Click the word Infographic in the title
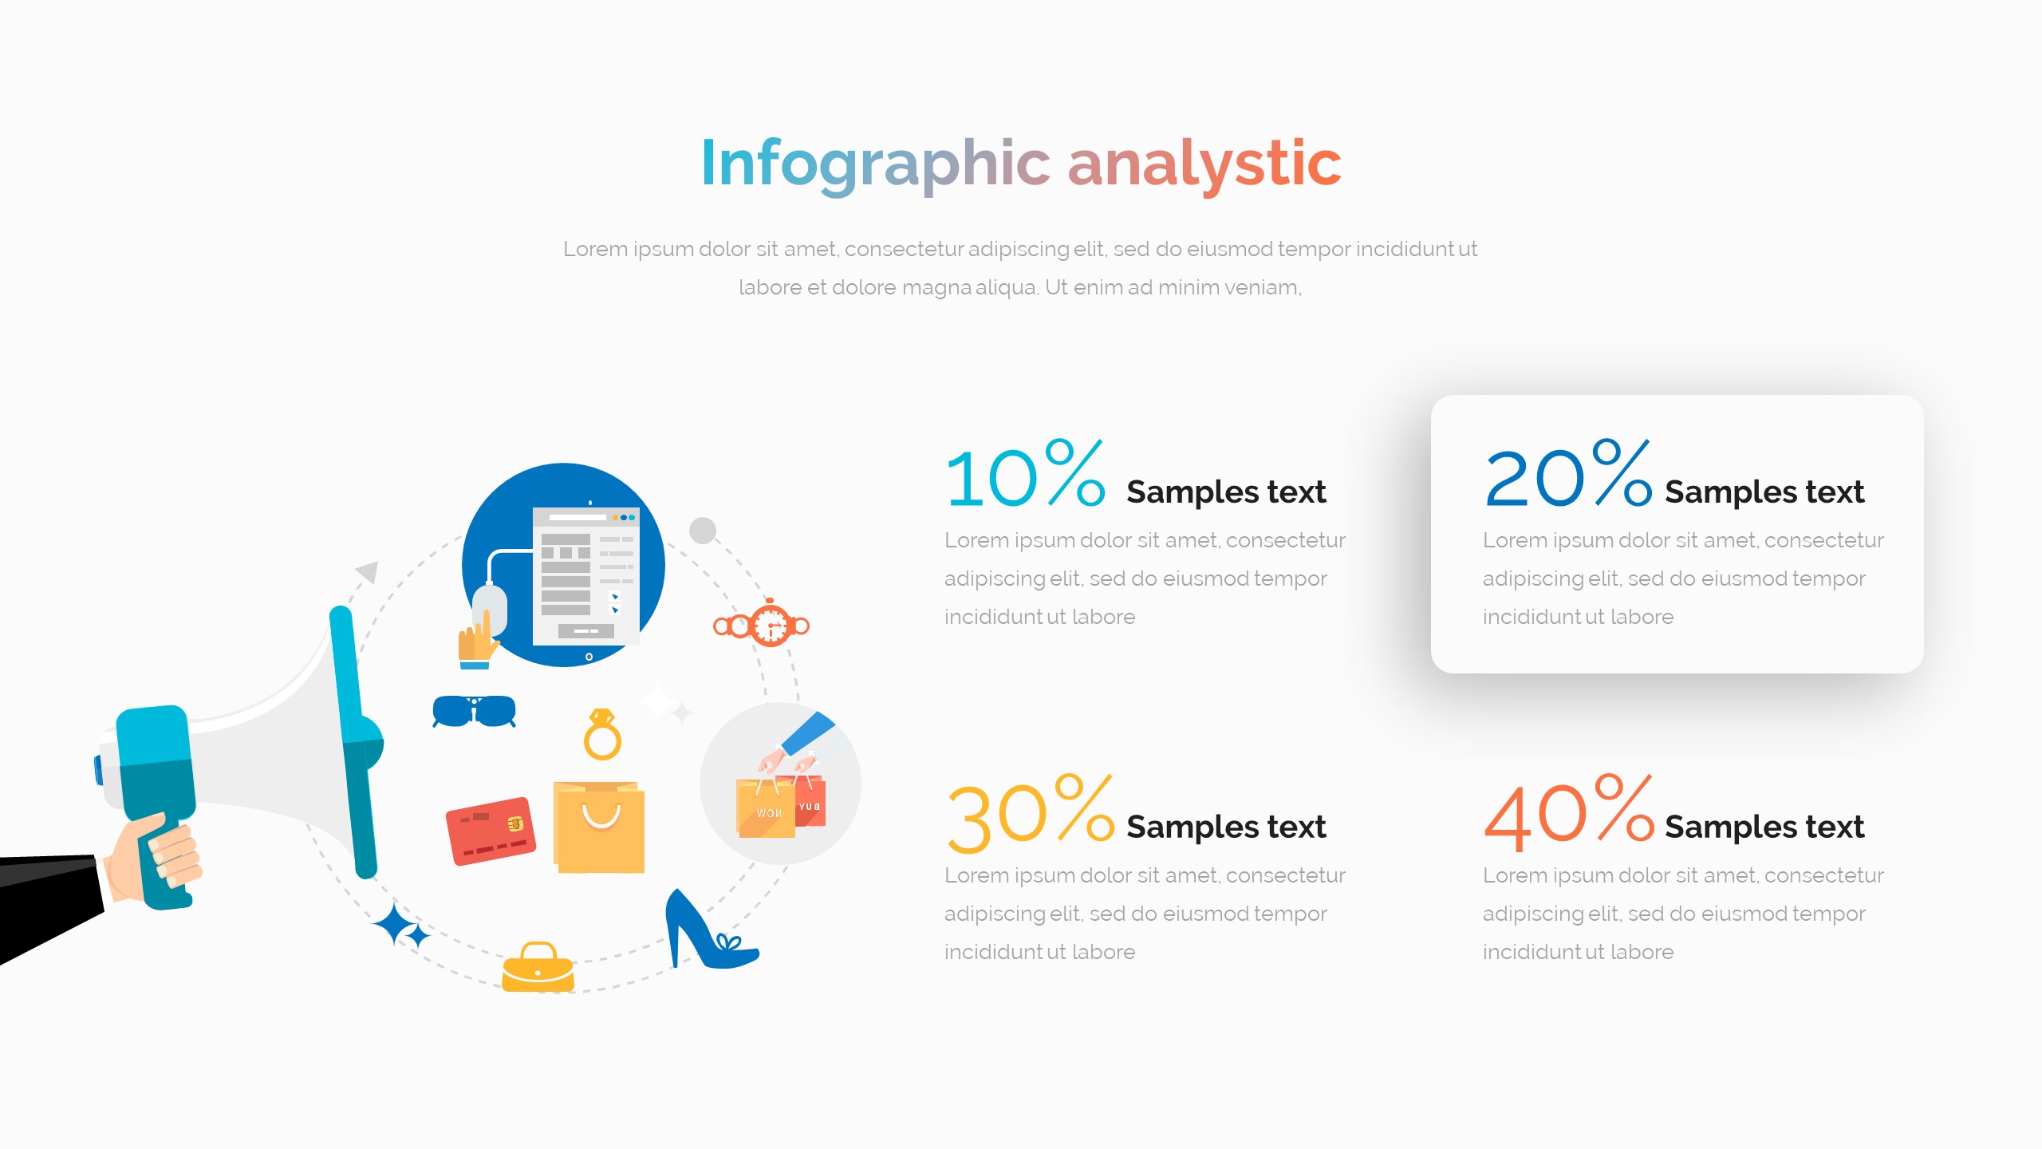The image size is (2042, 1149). click(876, 164)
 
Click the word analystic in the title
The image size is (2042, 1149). click(1204, 164)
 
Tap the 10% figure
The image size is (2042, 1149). click(1025, 476)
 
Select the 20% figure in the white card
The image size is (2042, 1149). click(1567, 476)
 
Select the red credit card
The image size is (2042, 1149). click(490, 831)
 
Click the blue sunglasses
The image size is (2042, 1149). click(474, 711)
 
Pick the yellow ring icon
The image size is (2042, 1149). click(602, 735)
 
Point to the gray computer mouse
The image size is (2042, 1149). click(489, 610)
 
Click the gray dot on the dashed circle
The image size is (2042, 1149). click(703, 531)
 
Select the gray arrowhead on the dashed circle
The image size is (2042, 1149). click(368, 571)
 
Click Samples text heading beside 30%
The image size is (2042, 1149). click(1226, 827)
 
